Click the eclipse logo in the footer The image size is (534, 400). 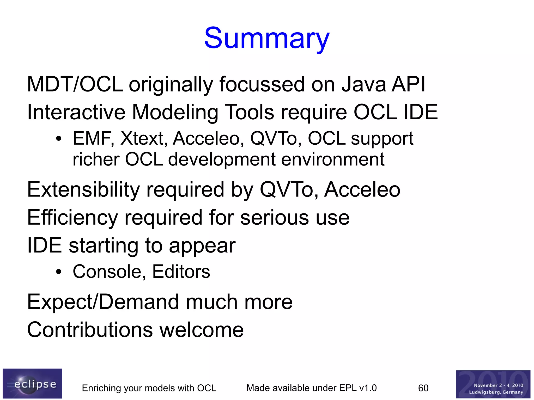pyautogui.click(x=32, y=383)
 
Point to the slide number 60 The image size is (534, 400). pyautogui.click(x=423, y=388)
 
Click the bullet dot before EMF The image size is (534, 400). pyautogui.click(x=59, y=139)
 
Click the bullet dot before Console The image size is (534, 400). pyautogui.click(x=59, y=272)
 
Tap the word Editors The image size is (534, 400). pyautogui.click(x=181, y=272)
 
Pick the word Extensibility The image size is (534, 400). pyautogui.click(x=83, y=189)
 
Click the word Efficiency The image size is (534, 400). pyautogui.click(x=72, y=218)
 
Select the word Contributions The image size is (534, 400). pyautogui.click(x=89, y=330)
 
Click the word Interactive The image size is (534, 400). pyautogui.click(x=76, y=112)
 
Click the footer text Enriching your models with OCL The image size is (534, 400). pyautogui.click(x=149, y=388)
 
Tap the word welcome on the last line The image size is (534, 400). pyautogui.click(x=201, y=330)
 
